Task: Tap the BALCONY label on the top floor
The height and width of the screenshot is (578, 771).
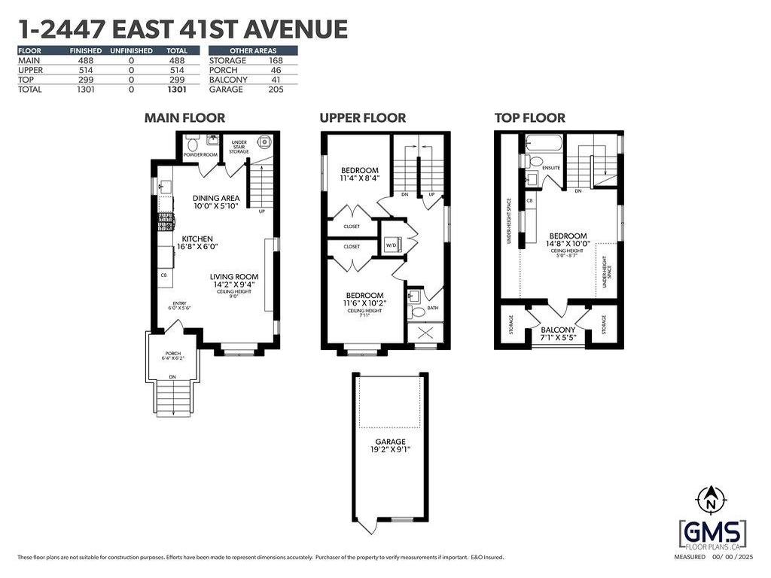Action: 558,330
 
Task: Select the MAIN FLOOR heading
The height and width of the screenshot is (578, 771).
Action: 184,118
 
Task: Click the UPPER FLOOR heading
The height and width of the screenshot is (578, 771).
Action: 362,118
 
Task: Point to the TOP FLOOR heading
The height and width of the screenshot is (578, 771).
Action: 529,118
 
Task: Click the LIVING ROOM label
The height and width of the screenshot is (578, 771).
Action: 234,277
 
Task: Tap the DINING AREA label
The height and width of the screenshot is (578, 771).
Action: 216,197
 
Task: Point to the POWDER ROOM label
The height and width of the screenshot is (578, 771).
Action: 200,154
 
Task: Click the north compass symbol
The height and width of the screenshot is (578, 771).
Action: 709,499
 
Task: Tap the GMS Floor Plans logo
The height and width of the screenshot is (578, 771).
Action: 712,534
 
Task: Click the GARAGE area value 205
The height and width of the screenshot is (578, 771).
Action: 276,89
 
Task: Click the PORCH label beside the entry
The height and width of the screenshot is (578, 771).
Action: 173,353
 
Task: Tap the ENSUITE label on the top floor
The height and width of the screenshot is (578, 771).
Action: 551,168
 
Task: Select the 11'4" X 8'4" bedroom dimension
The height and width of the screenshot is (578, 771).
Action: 359,179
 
